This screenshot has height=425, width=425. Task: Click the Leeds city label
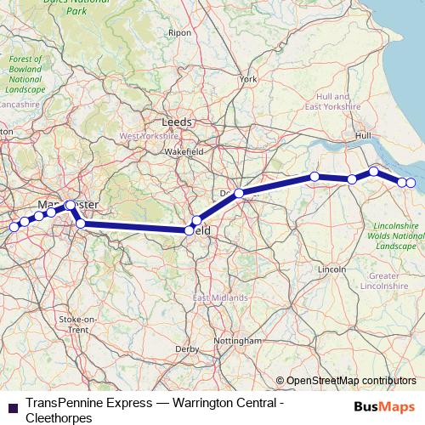click(176, 122)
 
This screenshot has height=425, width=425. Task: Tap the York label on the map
click(248, 79)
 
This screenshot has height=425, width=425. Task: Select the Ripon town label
click(179, 32)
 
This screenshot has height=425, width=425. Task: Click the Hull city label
click(365, 135)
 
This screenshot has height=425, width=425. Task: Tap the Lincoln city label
click(331, 269)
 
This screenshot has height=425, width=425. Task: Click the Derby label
click(186, 349)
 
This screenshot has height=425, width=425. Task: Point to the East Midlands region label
click(220, 298)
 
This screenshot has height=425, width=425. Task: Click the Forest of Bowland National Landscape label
click(25, 74)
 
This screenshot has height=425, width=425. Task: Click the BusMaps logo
click(384, 405)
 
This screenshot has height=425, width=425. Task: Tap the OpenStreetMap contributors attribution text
click(351, 381)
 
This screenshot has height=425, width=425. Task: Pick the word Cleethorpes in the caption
click(59, 417)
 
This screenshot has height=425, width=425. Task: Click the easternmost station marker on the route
click(411, 183)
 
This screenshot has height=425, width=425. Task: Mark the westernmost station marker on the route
click(14, 227)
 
